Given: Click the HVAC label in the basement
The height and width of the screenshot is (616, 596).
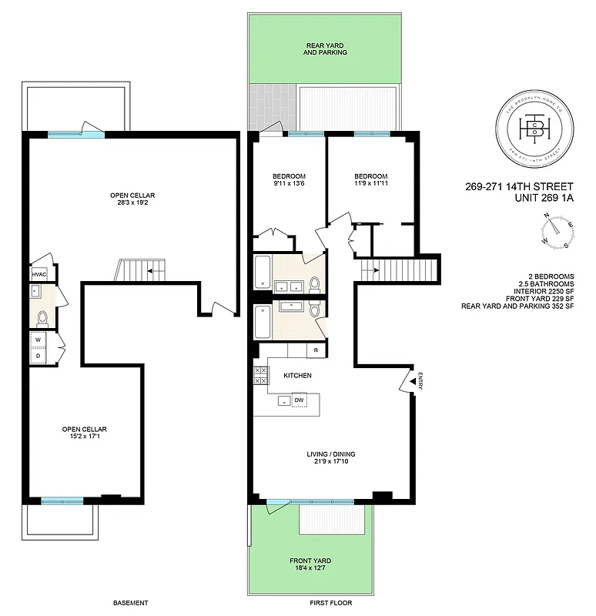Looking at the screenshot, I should click(x=39, y=274).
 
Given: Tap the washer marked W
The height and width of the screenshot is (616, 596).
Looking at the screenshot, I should click(x=38, y=339).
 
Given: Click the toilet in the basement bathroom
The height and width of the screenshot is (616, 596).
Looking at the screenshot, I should click(x=42, y=316).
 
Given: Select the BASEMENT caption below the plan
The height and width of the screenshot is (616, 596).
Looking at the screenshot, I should click(x=130, y=603).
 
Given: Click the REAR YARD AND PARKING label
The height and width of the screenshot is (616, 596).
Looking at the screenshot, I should click(x=325, y=49).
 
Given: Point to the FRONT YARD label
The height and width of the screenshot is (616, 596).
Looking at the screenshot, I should click(x=310, y=561).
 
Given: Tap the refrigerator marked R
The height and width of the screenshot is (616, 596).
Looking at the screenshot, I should click(x=316, y=350).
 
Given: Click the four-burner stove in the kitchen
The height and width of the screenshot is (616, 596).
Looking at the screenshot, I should click(x=260, y=375).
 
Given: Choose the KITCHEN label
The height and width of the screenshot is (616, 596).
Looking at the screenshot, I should click(x=297, y=376).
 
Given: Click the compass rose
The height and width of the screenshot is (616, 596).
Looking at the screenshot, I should click(x=557, y=232).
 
